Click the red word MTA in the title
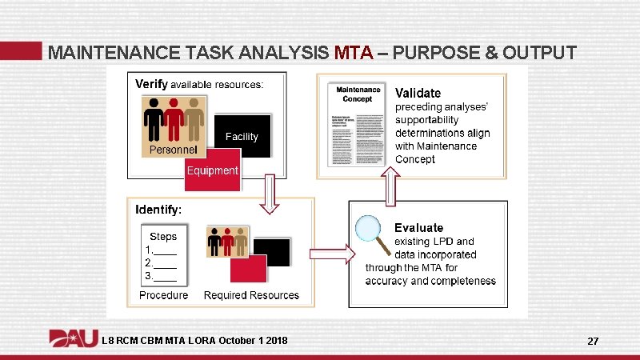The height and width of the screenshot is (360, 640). point(353,54)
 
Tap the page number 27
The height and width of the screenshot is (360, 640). point(593,342)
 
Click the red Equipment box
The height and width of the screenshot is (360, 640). point(212,170)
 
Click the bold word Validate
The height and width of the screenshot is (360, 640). point(418,94)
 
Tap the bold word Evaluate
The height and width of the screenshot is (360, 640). point(418,228)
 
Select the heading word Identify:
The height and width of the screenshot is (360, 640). point(158,210)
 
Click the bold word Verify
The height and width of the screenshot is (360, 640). point(151,83)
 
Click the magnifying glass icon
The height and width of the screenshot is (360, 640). point(370,232)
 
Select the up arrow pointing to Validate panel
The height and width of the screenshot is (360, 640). point(391,190)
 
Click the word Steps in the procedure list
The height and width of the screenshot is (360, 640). point(163,237)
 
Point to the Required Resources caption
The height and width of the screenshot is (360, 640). point(251,295)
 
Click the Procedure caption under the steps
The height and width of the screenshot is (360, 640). point(163,295)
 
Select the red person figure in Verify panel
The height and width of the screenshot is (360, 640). point(174,120)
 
